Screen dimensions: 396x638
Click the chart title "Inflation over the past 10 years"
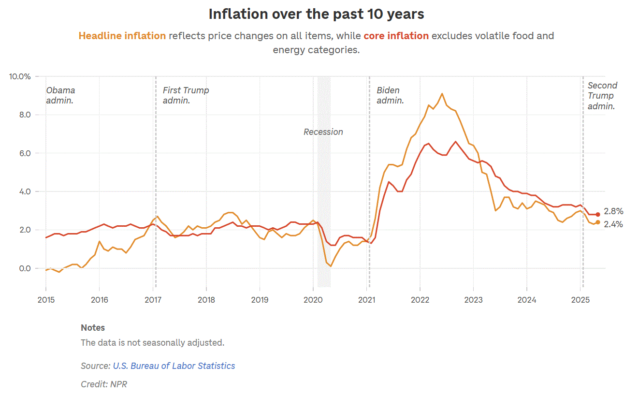[x=316, y=15]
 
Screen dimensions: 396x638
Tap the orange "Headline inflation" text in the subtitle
[x=122, y=36]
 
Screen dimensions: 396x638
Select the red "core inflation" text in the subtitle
[x=396, y=36]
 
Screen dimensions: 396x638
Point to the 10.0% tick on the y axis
[x=20, y=76]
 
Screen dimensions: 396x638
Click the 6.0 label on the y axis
[x=25, y=153]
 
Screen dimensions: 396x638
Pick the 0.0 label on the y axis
[x=25, y=268]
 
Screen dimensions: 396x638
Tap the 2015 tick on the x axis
[x=46, y=300]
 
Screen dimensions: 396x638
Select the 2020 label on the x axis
[x=313, y=300]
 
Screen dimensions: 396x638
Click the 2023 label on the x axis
[x=473, y=300]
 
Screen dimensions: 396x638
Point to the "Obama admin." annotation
[x=60, y=95]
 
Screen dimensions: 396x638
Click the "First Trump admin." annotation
[x=186, y=95]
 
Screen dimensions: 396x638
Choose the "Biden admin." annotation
[x=390, y=95]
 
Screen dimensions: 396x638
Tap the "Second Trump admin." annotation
[x=602, y=96]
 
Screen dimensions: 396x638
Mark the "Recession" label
[x=323, y=132]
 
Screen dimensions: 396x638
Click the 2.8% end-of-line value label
[x=613, y=211]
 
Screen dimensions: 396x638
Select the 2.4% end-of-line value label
[x=613, y=224]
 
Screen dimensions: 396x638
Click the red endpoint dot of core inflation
[x=598, y=214]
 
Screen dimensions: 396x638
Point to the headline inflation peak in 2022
[x=442, y=94]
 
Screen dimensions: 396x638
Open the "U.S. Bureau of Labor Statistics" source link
[x=174, y=366]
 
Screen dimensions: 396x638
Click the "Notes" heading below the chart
[x=93, y=328]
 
